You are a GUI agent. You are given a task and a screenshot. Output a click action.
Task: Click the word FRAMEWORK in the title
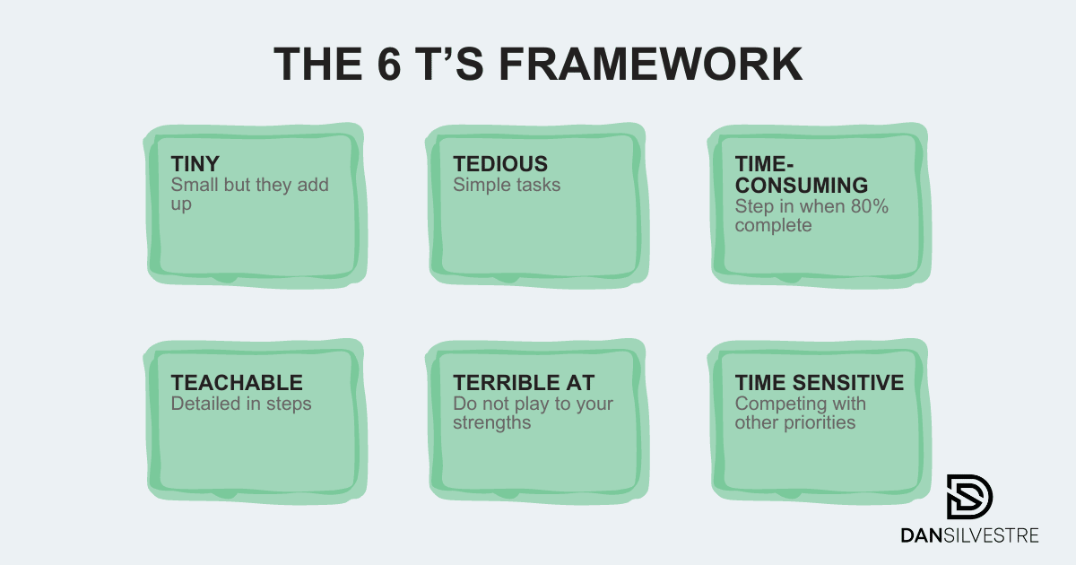tap(651, 64)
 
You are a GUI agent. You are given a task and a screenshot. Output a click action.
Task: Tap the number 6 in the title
tap(389, 64)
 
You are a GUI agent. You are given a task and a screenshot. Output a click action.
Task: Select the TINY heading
tap(195, 164)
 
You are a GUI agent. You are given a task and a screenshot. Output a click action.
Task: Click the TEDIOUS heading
tap(500, 164)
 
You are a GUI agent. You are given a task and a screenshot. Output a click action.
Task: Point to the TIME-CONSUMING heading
tap(802, 174)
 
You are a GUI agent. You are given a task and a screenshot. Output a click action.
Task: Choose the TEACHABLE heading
tap(237, 383)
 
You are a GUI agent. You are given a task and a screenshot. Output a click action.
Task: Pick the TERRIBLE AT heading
tap(524, 383)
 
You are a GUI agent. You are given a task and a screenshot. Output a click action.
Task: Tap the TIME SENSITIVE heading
tap(819, 383)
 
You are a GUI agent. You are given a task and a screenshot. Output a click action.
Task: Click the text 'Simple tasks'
tap(507, 185)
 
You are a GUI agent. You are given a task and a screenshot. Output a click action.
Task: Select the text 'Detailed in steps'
tap(241, 404)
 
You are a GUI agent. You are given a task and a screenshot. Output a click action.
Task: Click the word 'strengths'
tap(492, 422)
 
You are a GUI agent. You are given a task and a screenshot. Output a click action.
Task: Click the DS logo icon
tap(969, 497)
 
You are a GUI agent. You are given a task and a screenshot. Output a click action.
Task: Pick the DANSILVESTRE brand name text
tap(969, 535)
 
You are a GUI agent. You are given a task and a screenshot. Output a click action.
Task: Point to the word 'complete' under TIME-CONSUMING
tap(773, 225)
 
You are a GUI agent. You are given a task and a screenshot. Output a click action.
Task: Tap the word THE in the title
tap(318, 64)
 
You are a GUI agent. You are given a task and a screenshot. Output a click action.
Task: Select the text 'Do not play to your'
tap(534, 404)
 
